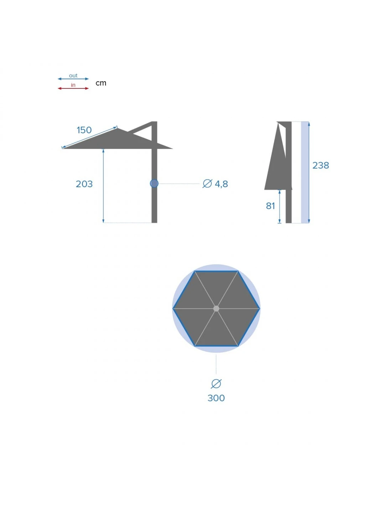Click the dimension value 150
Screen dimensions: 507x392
tap(84, 130)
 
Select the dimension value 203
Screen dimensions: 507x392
tap(84, 184)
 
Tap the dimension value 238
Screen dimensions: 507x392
tap(321, 165)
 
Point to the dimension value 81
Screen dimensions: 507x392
tap(270, 206)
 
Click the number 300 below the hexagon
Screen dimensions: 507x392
tap(216, 398)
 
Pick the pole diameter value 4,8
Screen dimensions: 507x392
tap(221, 184)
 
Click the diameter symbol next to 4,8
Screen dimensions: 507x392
tap(207, 184)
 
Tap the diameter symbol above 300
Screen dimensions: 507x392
tap(216, 384)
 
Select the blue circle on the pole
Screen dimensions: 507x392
tap(154, 183)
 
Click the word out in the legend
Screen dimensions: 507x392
tap(73, 76)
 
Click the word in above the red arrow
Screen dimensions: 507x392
tap(73, 85)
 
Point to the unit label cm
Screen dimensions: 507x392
tap(101, 83)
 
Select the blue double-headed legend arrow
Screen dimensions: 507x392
tap(73, 79)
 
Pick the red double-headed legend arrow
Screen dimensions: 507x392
tap(73, 88)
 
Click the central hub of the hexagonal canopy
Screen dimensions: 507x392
tap(216, 308)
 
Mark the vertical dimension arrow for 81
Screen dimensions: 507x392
tap(279, 207)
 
